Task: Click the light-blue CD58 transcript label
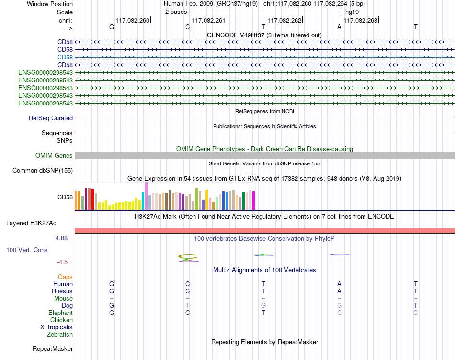[x=65, y=57]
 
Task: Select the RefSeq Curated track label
[x=51, y=118]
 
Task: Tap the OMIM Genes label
[x=54, y=156]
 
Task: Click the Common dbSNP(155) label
[x=43, y=171]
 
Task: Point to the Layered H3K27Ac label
[x=31, y=223]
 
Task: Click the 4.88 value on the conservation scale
[x=61, y=238]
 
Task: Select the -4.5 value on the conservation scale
[x=62, y=262]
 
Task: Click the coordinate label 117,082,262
[x=284, y=20]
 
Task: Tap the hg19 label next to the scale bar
[x=352, y=12]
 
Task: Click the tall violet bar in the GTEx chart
[x=146, y=196]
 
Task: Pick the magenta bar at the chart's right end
[x=254, y=201]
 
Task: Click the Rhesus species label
[x=62, y=291]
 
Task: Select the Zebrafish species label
[x=60, y=335]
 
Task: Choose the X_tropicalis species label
[x=57, y=327]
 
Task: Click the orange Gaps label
[x=65, y=277]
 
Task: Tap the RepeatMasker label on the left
[x=53, y=348]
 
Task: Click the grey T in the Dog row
[x=187, y=305]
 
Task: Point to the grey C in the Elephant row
[x=416, y=313]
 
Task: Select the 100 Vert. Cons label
[x=27, y=250]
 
